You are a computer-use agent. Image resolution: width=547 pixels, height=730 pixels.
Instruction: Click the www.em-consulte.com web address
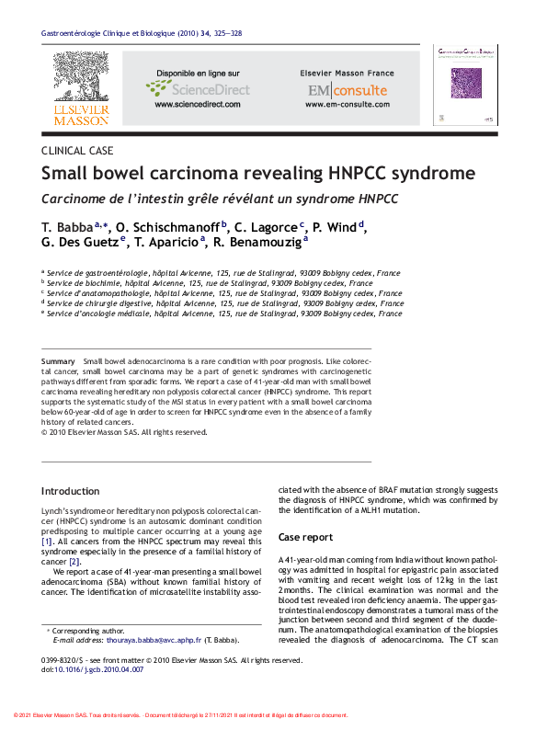point(347,105)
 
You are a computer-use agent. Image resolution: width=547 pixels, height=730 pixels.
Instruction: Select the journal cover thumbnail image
point(464,85)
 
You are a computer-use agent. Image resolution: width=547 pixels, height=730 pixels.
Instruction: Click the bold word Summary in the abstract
point(59,362)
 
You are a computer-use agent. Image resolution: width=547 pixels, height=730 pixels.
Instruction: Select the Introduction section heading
point(71,491)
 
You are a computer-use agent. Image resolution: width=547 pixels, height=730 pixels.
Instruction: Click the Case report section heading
point(305,537)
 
